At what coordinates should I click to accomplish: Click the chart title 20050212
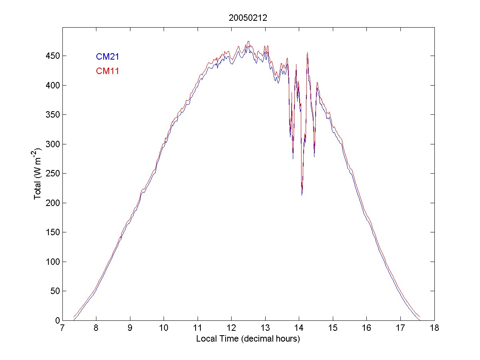[248, 18]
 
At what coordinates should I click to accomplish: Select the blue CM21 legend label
[107, 57]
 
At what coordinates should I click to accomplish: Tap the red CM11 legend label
[107, 71]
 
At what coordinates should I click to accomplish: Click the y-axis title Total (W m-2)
[39, 174]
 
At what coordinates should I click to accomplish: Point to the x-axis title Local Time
[248, 339]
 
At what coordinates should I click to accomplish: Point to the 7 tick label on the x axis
[62, 329]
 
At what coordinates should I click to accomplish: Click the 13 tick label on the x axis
[265, 329]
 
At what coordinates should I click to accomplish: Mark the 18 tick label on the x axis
[434, 329]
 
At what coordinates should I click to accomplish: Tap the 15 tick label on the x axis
[333, 329]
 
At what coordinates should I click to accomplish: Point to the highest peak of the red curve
[248, 41]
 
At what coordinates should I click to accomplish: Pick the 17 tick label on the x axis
[400, 329]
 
